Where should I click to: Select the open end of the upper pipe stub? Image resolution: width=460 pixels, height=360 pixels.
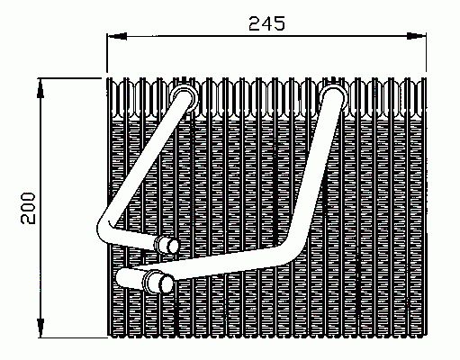pos(167,244)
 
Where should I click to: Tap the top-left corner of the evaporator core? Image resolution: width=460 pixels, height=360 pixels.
pos(108,80)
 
